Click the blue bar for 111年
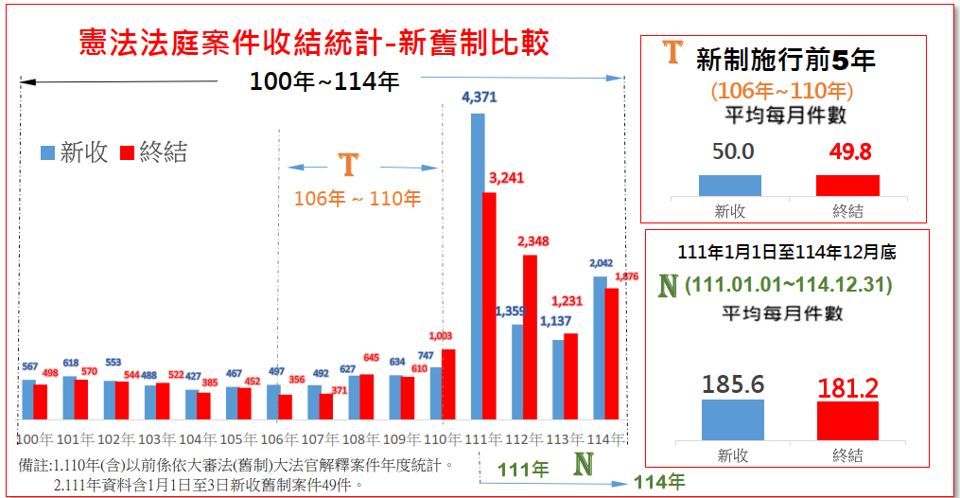[478, 266]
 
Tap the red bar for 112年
[530, 337]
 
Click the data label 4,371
[479, 97]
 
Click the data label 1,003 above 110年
[442, 336]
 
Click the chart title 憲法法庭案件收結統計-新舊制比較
[314, 43]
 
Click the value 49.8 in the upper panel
[847, 151]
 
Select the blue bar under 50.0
[730, 186]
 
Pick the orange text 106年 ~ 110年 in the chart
[358, 199]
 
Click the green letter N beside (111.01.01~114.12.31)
[668, 285]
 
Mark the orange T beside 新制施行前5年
[672, 52]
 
